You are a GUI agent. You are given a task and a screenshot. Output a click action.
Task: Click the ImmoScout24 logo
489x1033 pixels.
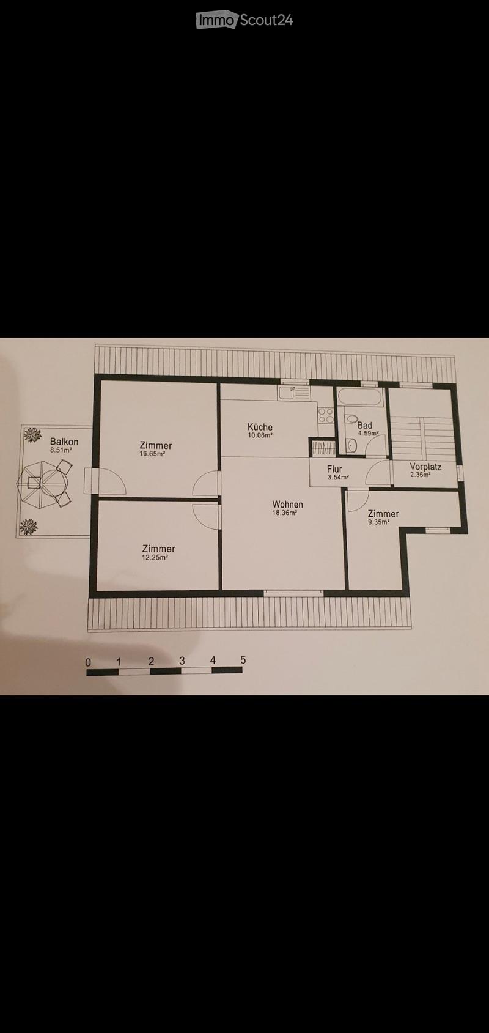[x=244, y=20]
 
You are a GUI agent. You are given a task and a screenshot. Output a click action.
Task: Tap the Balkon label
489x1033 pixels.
[x=64, y=442]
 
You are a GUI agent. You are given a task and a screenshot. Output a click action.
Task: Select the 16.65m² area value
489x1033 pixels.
[x=152, y=453]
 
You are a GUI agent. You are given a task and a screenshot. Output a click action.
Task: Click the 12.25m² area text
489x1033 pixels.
[x=155, y=557]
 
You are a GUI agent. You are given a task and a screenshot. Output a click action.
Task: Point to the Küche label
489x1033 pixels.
[x=260, y=427]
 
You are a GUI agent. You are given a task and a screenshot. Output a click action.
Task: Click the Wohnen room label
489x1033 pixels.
[x=287, y=505]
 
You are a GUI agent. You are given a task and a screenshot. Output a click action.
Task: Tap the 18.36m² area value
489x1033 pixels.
[x=285, y=513]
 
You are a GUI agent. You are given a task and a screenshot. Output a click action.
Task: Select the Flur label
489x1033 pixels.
[x=334, y=470]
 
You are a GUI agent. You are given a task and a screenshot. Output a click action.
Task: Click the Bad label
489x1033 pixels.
[x=364, y=425]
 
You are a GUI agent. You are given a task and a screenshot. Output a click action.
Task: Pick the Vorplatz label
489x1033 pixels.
[x=425, y=467]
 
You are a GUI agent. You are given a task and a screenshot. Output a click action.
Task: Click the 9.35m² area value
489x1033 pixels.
[x=379, y=522]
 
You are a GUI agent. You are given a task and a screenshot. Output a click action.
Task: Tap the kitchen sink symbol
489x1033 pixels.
[x=294, y=393]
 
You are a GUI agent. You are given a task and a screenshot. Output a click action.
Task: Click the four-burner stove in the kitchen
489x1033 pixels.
[x=326, y=416]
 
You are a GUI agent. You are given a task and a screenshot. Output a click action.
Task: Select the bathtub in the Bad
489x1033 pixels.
[x=359, y=398]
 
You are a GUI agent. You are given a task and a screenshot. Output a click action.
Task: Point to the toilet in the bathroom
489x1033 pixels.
[x=351, y=419]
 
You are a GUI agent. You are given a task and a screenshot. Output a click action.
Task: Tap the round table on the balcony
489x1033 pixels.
[x=42, y=483]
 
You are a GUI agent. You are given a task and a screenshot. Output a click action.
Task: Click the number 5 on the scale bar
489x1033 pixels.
[x=243, y=660]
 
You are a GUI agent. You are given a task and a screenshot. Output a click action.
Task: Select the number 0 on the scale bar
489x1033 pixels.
[x=88, y=662]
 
